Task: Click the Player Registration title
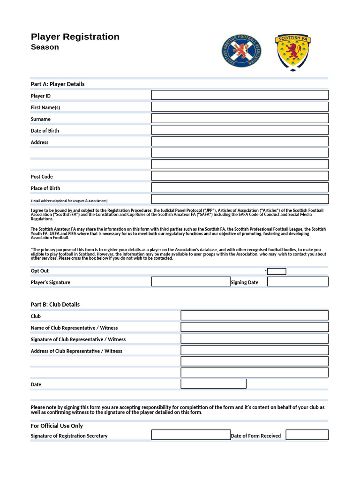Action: tap(75, 37)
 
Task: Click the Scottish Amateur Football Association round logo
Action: tap(241, 51)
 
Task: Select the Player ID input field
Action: tap(240, 95)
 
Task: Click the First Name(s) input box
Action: tap(240, 107)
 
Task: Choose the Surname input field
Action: tap(240, 119)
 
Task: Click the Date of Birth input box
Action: tap(240, 130)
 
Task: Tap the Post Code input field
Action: tap(240, 176)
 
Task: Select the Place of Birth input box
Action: tap(240, 187)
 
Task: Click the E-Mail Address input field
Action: tap(240, 199)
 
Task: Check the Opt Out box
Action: tap(277, 271)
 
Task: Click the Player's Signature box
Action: tap(191, 282)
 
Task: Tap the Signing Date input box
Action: tap(298, 282)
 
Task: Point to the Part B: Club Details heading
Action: tap(55, 304)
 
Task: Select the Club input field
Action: tap(255, 315)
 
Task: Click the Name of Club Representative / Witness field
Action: tap(255, 327)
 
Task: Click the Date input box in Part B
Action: tap(213, 384)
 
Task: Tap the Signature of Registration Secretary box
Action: tap(191, 435)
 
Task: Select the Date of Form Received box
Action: tap(307, 435)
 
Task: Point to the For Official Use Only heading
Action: tap(57, 426)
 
